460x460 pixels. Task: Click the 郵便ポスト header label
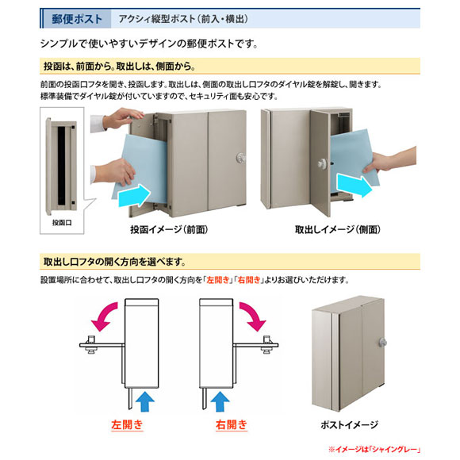click(x=77, y=19)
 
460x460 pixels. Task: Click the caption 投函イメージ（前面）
click(x=169, y=229)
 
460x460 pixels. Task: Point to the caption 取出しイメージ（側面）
click(x=338, y=229)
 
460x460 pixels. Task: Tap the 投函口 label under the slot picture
click(x=62, y=223)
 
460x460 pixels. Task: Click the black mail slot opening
click(x=61, y=166)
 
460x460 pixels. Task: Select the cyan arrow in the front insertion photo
click(x=135, y=195)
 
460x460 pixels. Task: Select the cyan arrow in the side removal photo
click(x=354, y=186)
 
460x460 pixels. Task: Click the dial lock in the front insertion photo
click(x=241, y=158)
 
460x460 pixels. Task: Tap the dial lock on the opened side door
click(x=323, y=163)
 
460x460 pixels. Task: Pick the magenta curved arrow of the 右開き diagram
click(x=254, y=316)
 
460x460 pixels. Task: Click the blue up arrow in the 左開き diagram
click(x=145, y=401)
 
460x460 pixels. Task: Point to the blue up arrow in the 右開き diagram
click(x=220, y=401)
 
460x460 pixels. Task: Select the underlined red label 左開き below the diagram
click(x=127, y=425)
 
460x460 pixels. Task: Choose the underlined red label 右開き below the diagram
click(x=232, y=425)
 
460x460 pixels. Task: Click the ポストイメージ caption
click(x=350, y=424)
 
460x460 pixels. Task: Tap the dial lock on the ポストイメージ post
click(x=382, y=343)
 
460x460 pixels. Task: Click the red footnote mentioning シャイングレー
click(x=374, y=450)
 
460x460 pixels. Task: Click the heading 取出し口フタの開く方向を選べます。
click(x=114, y=262)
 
